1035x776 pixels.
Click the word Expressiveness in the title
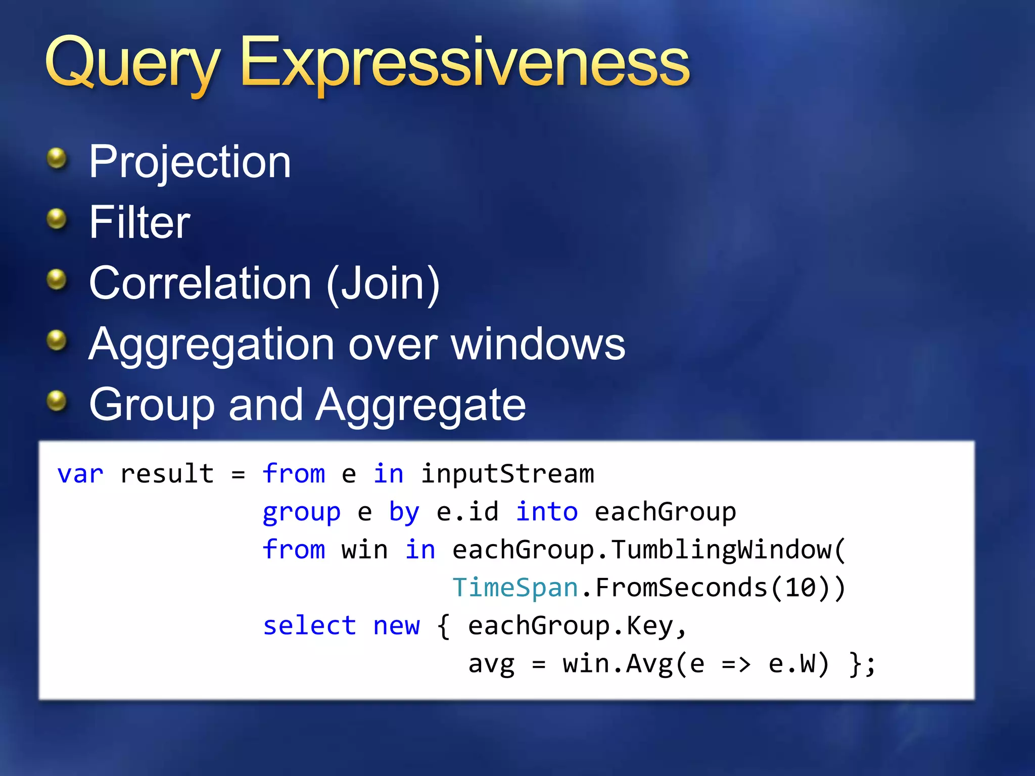coord(465,63)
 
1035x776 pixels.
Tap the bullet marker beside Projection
coord(57,159)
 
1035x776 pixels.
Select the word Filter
coord(139,222)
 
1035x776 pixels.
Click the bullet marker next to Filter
coord(57,219)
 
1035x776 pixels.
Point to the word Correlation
coord(200,283)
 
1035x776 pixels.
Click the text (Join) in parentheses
coord(383,284)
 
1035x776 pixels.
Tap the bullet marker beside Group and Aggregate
coord(57,401)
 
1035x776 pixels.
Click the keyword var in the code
coord(80,474)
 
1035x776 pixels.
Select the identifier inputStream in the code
coord(507,474)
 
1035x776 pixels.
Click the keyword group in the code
coord(301,512)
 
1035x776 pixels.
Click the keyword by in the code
coord(404,512)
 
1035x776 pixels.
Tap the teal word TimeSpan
coord(515,588)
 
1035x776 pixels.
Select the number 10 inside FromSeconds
coord(800,588)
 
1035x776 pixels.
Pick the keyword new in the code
coord(396,626)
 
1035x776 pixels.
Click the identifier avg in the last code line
coord(491,664)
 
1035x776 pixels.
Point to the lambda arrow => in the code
coord(736,664)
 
